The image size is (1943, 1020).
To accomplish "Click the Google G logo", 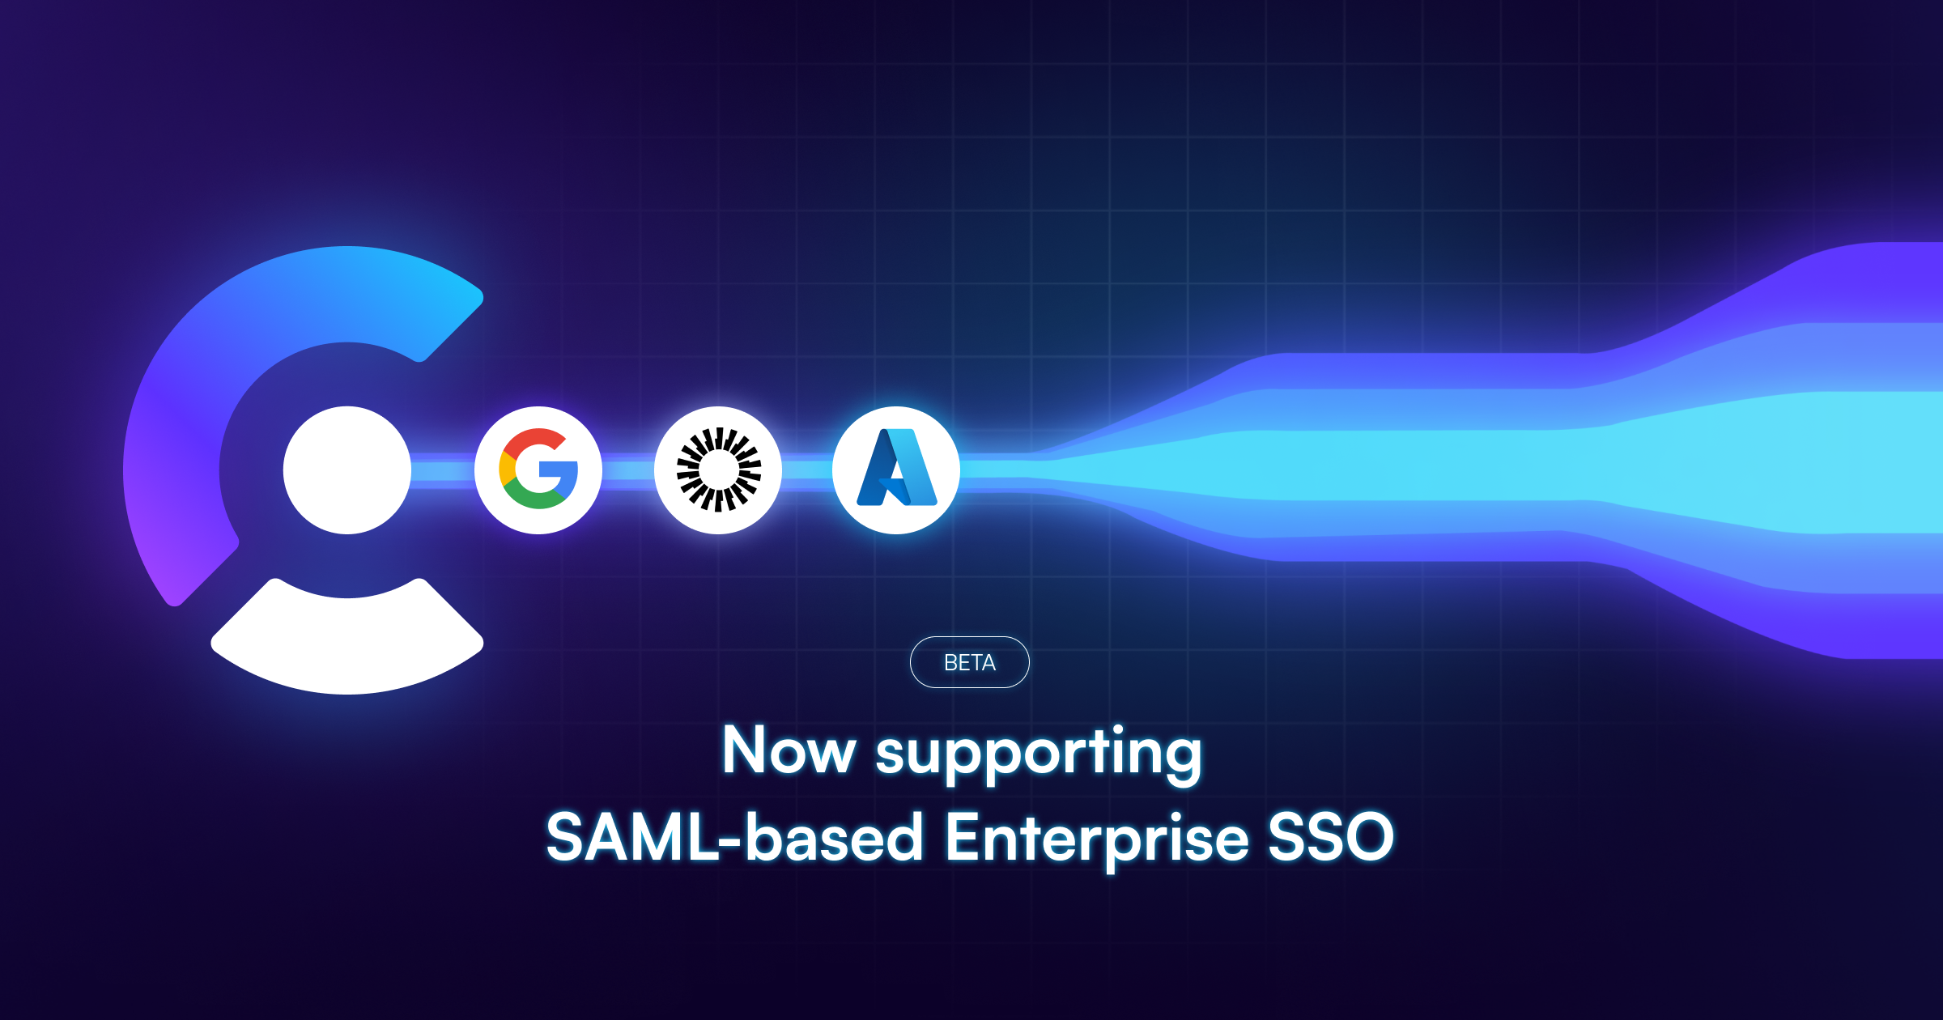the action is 538,470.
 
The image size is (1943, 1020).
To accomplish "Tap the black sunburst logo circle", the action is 718,470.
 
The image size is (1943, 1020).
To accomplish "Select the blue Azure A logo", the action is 896,470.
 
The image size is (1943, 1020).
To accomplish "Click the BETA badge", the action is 969,662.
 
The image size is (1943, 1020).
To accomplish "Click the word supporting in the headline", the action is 1039,753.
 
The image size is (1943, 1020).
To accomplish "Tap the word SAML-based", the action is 734,838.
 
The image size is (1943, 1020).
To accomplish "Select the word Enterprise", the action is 1096,839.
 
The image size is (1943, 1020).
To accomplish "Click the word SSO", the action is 1330,838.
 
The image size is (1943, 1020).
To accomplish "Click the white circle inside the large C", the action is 347,470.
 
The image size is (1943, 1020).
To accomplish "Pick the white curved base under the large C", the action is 347,644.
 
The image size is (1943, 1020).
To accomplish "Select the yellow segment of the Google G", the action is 507,470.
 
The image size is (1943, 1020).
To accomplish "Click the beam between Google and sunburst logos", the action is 628,470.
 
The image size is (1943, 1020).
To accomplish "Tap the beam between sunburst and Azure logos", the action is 807,470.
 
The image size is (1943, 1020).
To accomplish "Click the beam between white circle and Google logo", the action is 443,470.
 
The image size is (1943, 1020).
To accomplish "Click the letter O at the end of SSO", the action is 1367,838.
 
